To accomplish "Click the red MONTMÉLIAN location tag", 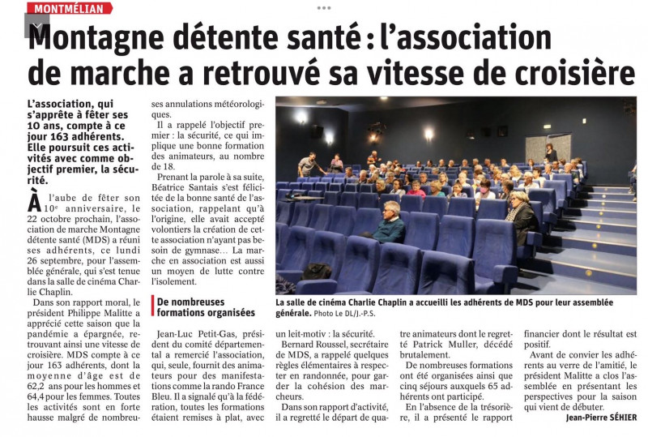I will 69,8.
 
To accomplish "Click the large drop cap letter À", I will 36,199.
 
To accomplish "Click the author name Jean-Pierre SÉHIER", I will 590,418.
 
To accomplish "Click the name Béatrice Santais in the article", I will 191,186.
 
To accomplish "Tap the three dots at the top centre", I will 324,7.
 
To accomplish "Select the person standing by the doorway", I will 551,152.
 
